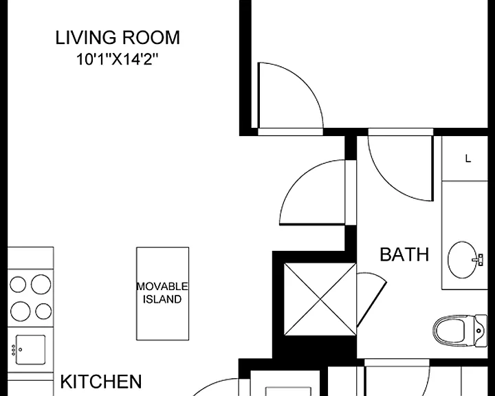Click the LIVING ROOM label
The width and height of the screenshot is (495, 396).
118,38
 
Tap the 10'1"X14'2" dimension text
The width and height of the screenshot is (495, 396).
117,59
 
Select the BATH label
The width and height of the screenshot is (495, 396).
404,254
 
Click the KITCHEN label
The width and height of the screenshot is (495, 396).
100,382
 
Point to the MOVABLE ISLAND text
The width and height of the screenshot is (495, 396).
162,293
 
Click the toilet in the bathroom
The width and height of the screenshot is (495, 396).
460,331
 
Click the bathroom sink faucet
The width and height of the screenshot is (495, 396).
478,260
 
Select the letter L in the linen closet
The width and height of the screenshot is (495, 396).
468,159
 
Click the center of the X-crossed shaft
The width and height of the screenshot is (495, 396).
320,299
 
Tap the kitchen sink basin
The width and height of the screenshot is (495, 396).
30,349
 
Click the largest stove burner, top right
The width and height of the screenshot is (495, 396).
41,284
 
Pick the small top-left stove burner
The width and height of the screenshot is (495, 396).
18,284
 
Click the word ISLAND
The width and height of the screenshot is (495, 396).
162,299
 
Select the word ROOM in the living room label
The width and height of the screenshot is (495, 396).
151,38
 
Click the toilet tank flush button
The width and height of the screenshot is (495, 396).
479,331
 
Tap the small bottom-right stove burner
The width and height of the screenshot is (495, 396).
43,311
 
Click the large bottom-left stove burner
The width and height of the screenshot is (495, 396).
20,311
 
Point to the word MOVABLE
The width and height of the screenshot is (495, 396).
162,287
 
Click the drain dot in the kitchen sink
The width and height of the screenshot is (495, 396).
20,349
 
